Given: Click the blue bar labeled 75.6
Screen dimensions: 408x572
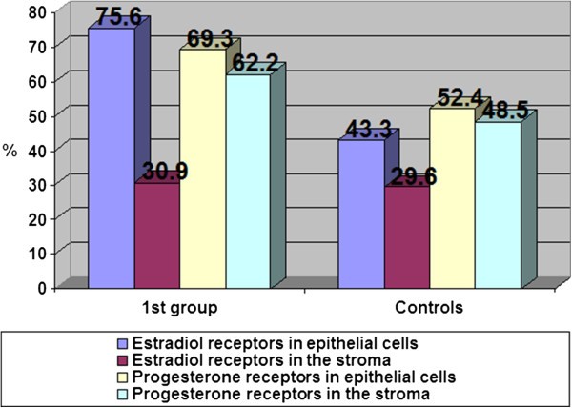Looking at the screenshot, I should pos(111,157).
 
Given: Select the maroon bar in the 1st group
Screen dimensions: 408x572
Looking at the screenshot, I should pos(156,234).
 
